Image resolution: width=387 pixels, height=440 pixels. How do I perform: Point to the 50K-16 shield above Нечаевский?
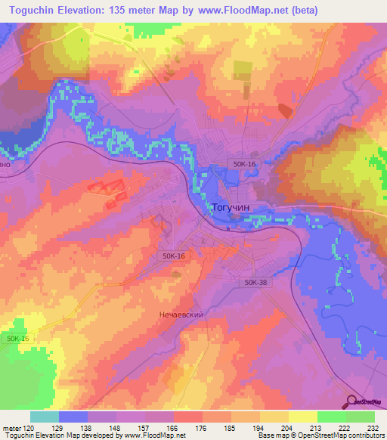[173, 257]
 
